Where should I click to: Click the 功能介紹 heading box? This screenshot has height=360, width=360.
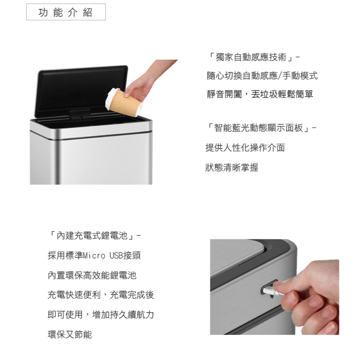pyautogui.click(x=66, y=12)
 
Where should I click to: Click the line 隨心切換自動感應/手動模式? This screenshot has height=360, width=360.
pyautogui.click(x=262, y=76)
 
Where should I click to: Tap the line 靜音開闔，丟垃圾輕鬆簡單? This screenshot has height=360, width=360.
pyautogui.click(x=260, y=94)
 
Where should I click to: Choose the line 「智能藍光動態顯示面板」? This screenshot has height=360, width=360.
pyautogui.click(x=261, y=129)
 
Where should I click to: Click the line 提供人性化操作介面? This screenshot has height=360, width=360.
pyautogui.click(x=245, y=148)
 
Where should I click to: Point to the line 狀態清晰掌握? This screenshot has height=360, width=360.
pyautogui.click(x=232, y=167)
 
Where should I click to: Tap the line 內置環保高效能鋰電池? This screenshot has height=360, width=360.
pyautogui.click(x=92, y=275)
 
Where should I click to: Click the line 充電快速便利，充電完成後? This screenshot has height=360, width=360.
pyautogui.click(x=100, y=295)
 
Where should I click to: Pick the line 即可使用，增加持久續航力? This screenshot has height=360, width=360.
pyautogui.click(x=100, y=315)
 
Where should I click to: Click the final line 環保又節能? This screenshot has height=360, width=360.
pyautogui.click(x=69, y=334)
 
